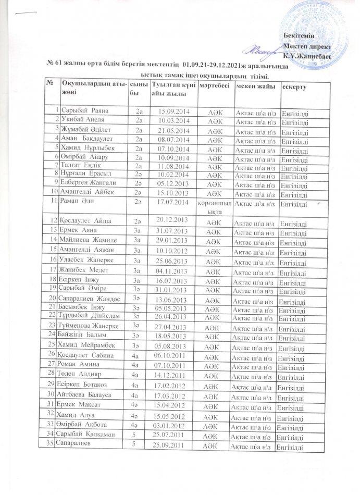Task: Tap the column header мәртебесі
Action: (213, 85)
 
